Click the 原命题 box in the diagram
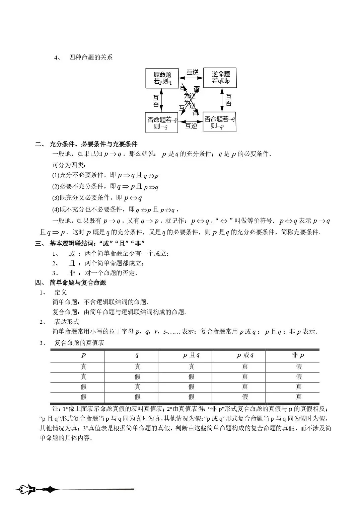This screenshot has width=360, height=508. (x=162, y=78)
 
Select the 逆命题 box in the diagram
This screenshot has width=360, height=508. (x=220, y=78)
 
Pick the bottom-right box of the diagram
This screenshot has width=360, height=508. (x=220, y=122)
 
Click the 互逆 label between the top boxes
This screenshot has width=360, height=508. (x=192, y=72)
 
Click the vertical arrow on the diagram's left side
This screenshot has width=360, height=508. (x=161, y=100)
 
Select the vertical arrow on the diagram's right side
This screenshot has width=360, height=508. (x=222, y=100)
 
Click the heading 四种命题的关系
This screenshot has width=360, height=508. (x=91, y=58)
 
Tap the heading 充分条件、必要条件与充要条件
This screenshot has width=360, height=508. (x=93, y=144)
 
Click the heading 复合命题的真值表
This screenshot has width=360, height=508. (x=79, y=343)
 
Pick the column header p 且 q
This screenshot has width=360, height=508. (x=191, y=355)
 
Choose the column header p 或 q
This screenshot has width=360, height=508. (x=245, y=355)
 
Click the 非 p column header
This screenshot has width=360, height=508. (x=298, y=355)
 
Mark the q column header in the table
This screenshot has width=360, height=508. (x=137, y=355)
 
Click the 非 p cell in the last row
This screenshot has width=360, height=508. (x=299, y=397)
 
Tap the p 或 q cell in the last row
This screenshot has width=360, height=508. (x=245, y=397)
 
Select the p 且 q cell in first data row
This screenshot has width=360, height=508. (x=191, y=367)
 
